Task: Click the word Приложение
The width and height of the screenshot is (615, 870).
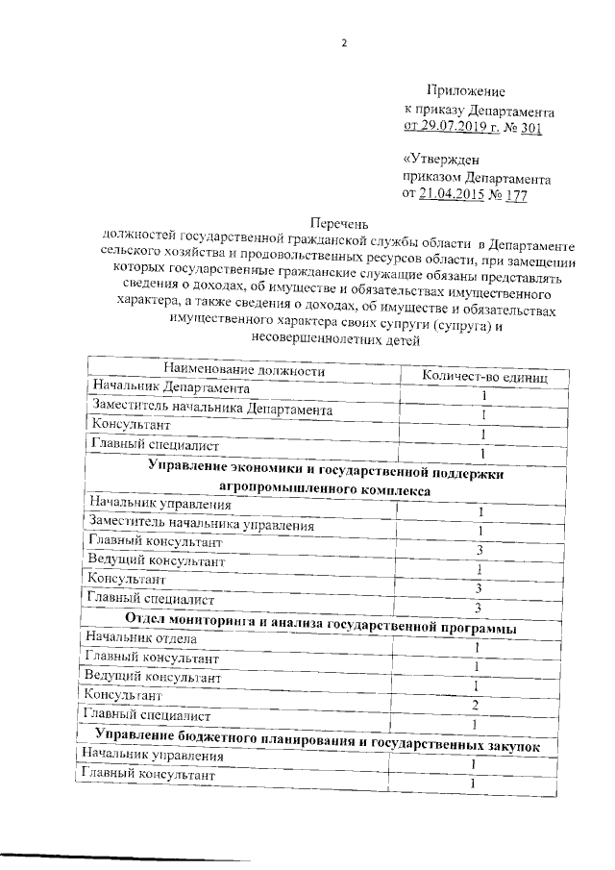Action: click(466, 91)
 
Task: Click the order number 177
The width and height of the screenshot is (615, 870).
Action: click(516, 196)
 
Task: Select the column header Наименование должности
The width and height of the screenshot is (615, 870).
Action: click(243, 371)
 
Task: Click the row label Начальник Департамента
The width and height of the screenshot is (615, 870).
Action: click(172, 387)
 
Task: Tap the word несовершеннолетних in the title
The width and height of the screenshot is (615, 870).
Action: click(314, 339)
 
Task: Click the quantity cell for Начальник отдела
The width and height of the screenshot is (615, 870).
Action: click(477, 647)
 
